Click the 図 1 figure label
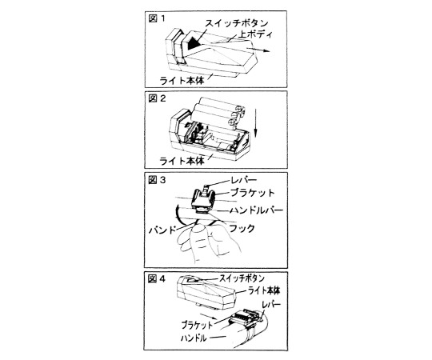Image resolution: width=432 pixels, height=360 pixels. coord(157,18)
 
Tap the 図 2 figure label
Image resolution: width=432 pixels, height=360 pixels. coord(157,98)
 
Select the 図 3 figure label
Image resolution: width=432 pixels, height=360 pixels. coord(157,180)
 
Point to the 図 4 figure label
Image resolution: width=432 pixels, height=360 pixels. coord(157,279)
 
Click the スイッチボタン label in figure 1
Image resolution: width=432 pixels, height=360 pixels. coord(237,23)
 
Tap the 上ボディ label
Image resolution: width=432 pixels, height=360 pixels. coord(256,34)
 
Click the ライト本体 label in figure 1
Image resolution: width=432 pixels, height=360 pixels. coord(182,81)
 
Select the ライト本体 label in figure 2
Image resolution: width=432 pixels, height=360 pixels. coord(182,161)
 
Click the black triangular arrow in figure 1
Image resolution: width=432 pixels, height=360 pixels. coord(194,42)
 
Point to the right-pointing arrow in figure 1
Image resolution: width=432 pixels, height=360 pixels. coord(258,50)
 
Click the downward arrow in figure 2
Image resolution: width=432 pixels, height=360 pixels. coord(256,123)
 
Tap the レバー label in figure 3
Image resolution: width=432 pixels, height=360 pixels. coord(244,181)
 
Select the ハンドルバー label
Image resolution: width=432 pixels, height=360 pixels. coord(257,210)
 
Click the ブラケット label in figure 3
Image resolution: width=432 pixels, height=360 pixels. coord(252,193)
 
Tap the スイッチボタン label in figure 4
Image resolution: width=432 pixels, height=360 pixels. coord(242,278)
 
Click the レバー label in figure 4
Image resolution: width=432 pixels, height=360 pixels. coord(271,304)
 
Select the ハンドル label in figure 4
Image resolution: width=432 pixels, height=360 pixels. coord(194,338)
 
